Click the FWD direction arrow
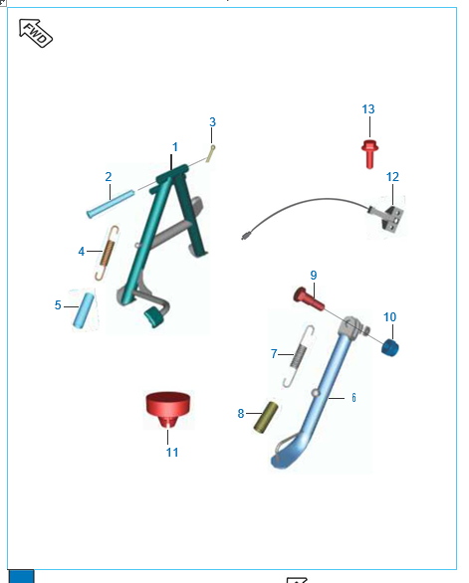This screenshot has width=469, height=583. [x=36, y=33]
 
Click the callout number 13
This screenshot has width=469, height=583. [x=368, y=109]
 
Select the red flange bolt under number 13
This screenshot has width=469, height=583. [x=369, y=154]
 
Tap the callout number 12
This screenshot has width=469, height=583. [x=392, y=177]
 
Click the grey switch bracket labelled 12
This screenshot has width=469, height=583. [x=389, y=218]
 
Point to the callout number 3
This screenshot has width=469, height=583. [x=212, y=122]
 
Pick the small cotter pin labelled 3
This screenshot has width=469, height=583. [x=211, y=153]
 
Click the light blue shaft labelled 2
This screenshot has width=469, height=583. [x=111, y=204]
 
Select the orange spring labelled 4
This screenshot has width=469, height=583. [x=108, y=253]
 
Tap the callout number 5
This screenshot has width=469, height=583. [x=58, y=305]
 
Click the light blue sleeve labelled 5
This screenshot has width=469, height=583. [x=84, y=310]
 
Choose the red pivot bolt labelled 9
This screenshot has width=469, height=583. [x=309, y=299]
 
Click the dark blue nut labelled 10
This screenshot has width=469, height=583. [x=389, y=348]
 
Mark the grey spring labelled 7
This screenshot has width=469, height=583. [x=300, y=356]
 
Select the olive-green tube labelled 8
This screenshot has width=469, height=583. [x=266, y=417]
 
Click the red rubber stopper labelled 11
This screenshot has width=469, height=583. [x=168, y=409]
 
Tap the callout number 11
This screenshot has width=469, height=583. [x=172, y=453]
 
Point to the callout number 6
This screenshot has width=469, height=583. [x=353, y=398]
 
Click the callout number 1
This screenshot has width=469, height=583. [x=175, y=147]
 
